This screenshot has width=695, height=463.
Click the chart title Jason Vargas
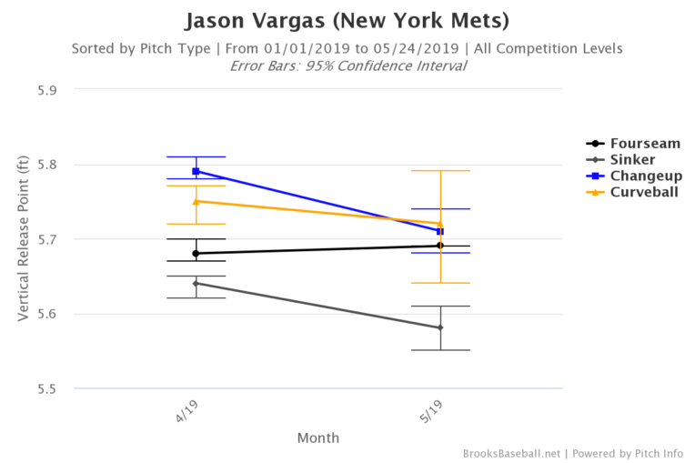(x=347, y=20)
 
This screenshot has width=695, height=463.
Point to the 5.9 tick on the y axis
(x=46, y=90)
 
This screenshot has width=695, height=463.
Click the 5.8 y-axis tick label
(x=46, y=165)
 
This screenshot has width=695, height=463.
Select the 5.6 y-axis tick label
(x=46, y=314)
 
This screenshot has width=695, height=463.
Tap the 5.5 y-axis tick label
(x=46, y=388)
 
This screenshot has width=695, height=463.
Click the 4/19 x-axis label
(x=187, y=408)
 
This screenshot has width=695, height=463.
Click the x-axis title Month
(x=318, y=438)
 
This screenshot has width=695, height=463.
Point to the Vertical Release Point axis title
(x=23, y=239)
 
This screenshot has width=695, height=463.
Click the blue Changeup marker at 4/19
(x=196, y=171)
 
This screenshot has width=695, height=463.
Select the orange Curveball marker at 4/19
(x=196, y=201)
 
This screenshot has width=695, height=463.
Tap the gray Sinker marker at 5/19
(x=440, y=327)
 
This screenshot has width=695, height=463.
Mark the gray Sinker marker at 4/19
(x=196, y=283)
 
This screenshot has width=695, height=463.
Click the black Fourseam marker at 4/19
(x=196, y=253)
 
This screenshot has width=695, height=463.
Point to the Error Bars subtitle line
(x=347, y=65)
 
